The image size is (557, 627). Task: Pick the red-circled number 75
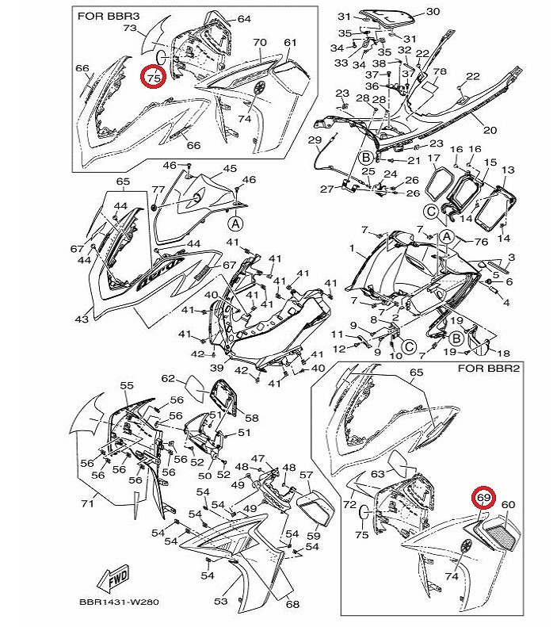tap(154, 77)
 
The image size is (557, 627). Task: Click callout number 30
tap(433, 12)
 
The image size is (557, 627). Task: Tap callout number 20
tap(490, 131)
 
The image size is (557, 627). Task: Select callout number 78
tap(441, 71)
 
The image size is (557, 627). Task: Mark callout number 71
tap(89, 503)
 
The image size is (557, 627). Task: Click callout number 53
tap(220, 602)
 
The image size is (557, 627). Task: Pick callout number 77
tap(158, 189)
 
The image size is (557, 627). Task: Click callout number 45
tap(229, 169)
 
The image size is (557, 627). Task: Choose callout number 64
tap(243, 18)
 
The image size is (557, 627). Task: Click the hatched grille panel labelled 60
tap(504, 527)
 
